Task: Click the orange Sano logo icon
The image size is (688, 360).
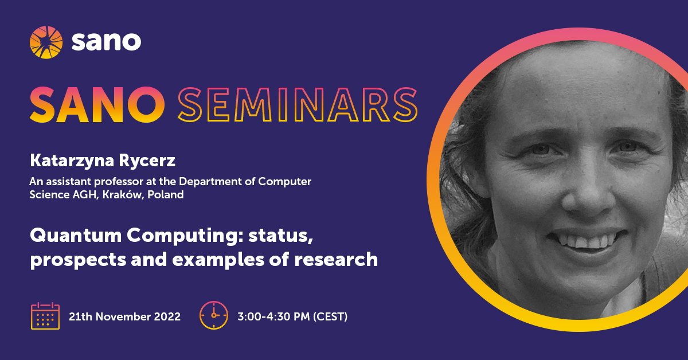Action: click(46, 42)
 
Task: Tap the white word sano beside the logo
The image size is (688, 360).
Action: click(106, 42)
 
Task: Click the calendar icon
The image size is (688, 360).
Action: click(45, 316)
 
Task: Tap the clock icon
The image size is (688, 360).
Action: click(214, 315)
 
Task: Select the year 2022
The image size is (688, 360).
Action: click(166, 316)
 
